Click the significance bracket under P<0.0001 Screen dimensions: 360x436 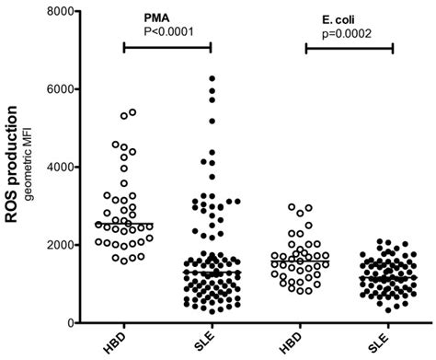click(166, 46)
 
